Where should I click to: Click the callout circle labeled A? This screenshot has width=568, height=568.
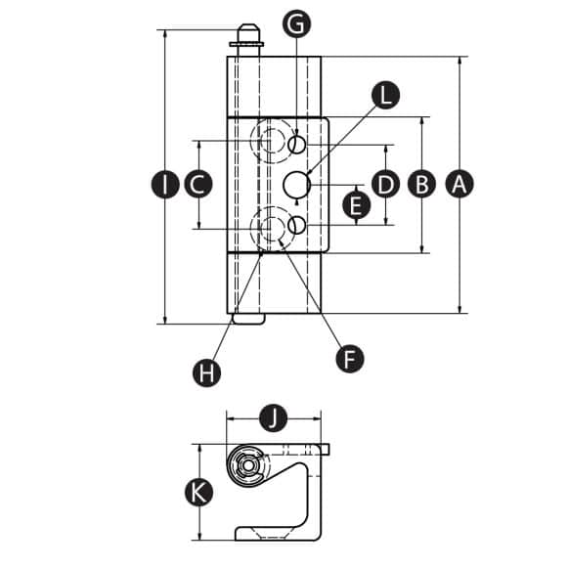pyautogui.click(x=459, y=184)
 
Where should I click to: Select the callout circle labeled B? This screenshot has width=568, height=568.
pyautogui.click(x=421, y=184)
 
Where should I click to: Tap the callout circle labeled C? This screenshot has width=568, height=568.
pyautogui.click(x=198, y=184)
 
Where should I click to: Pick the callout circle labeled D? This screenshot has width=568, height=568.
pyautogui.click(x=385, y=184)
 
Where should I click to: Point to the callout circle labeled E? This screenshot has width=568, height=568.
pyautogui.click(x=357, y=205)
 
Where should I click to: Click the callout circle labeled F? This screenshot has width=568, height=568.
pyautogui.click(x=350, y=359)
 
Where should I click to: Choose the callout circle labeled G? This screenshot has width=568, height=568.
pyautogui.click(x=296, y=23)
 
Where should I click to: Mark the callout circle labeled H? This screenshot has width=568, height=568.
pyautogui.click(x=207, y=372)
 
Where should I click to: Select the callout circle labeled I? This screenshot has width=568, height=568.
pyautogui.click(x=165, y=184)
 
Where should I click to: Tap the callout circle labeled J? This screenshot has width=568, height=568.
pyautogui.click(x=274, y=418)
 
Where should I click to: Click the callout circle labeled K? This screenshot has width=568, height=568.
pyautogui.click(x=198, y=493)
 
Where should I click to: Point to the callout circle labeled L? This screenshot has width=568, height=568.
pyautogui.click(x=386, y=95)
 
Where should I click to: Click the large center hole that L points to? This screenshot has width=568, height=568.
pyautogui.click(x=296, y=185)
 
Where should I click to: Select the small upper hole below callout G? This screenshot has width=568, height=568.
pyautogui.click(x=296, y=145)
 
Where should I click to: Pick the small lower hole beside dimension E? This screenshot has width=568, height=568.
pyautogui.click(x=296, y=225)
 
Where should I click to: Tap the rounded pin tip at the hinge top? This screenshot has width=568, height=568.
pyautogui.click(x=247, y=33)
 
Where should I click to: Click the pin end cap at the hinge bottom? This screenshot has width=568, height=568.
pyautogui.click(x=248, y=319)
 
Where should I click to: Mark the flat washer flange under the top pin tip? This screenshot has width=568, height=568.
pyautogui.click(x=246, y=45)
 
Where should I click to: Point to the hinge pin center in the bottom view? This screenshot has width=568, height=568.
pyautogui.click(x=247, y=465)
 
